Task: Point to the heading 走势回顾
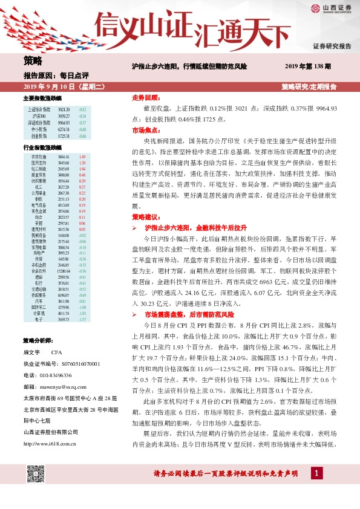coord(146,97)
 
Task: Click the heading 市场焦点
coord(146,130)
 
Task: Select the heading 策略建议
coord(146,216)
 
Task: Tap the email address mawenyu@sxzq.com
coord(65,385)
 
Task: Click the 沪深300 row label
coord(40,115)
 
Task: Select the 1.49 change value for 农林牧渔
coord(82,157)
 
